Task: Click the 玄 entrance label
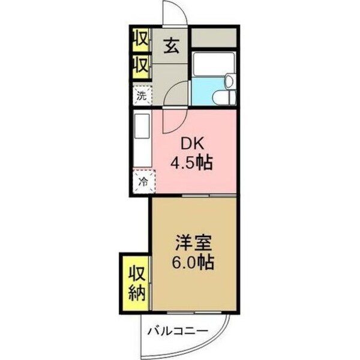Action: tap(171, 46)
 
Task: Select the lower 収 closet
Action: tap(141, 65)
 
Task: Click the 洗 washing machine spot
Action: tap(142, 94)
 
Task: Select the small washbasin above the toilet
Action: tap(229, 82)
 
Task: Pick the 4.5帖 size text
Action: tap(191, 163)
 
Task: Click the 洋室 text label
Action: tap(191, 244)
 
